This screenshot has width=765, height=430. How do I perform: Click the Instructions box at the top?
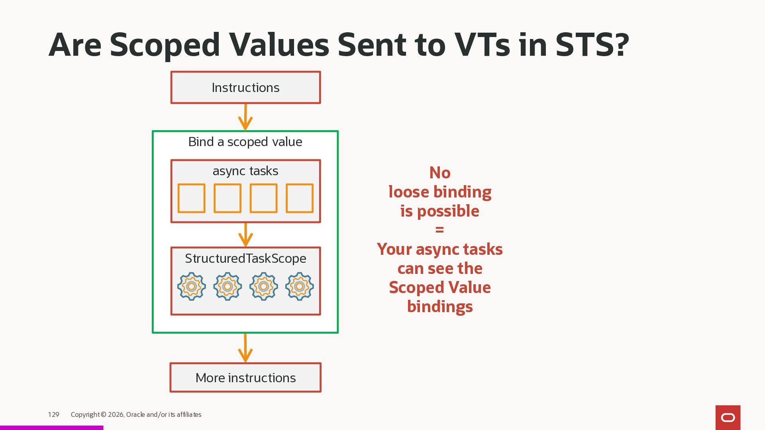point(245,88)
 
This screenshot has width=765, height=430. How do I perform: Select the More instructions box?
point(245,377)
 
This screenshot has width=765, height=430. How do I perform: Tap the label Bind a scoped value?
point(245,142)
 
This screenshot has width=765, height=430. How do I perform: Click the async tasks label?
point(245,171)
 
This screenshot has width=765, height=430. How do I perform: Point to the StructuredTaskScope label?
point(245,258)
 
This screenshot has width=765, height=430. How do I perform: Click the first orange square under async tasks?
point(191,198)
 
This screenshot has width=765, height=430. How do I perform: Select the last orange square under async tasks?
point(300,198)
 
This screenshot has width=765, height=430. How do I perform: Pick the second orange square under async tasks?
point(228,198)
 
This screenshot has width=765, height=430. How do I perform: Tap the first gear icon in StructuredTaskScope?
point(191,286)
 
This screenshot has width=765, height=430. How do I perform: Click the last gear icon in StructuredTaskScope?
point(300,286)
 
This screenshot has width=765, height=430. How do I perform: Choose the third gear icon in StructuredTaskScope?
point(263,286)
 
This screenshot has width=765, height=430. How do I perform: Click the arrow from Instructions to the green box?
point(245,117)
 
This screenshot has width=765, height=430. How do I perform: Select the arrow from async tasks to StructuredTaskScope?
point(245,235)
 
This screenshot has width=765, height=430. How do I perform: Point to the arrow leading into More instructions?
point(245,348)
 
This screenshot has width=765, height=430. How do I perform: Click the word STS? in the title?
point(592,45)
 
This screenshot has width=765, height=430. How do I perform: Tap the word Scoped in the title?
point(165,45)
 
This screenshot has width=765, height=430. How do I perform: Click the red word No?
point(440,173)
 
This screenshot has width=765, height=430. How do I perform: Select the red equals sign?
point(439,230)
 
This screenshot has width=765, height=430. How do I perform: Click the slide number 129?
point(53,414)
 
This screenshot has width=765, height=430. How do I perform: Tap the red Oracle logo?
point(728,417)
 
